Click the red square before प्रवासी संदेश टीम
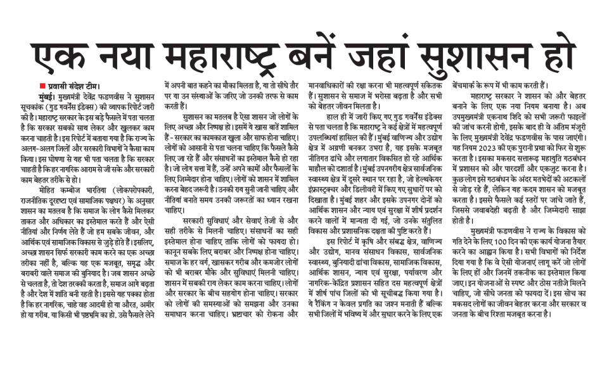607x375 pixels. [41, 86]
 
